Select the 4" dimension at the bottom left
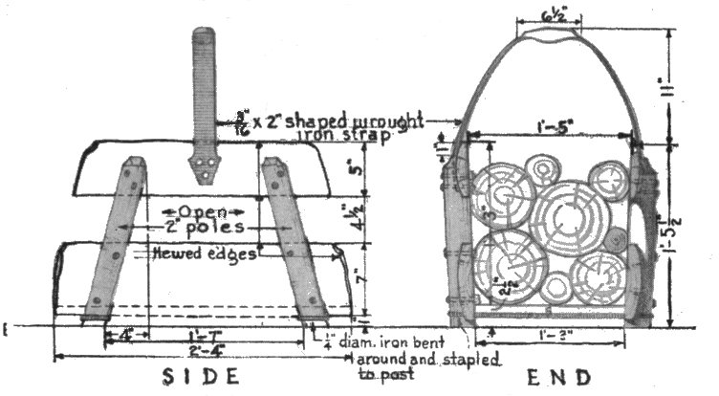click(x=127, y=336)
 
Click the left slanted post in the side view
click(x=115, y=239)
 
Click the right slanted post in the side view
click(x=293, y=239)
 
